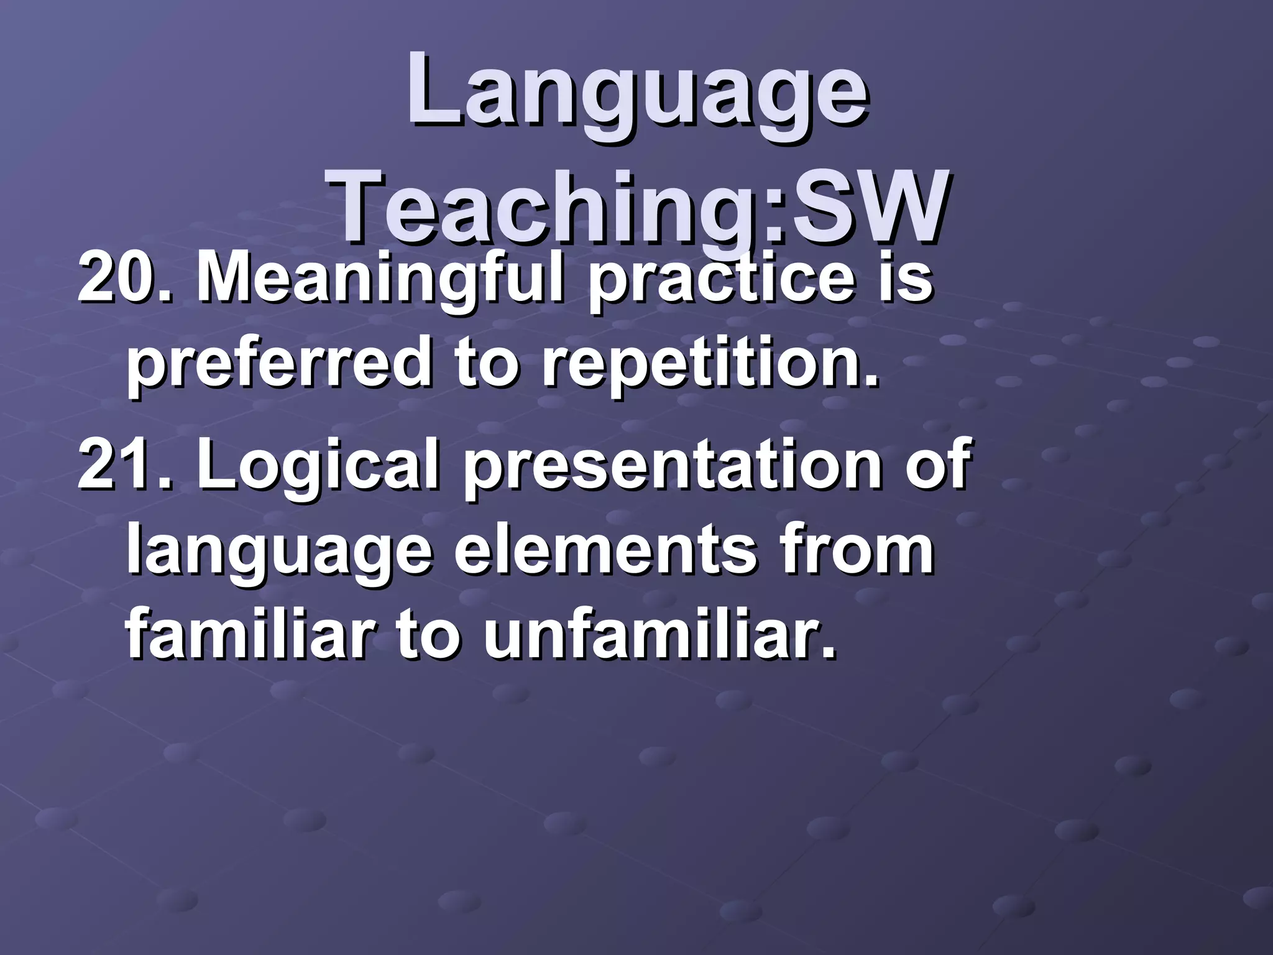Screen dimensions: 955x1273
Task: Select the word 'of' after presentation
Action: coord(935,464)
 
